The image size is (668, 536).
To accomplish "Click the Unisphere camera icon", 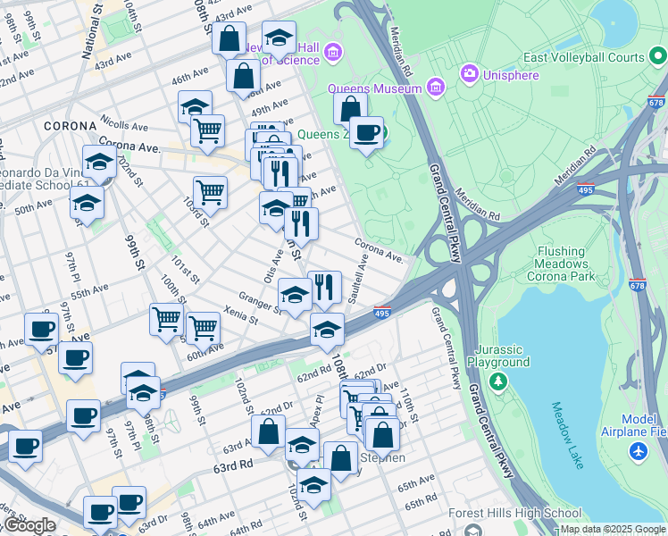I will (468, 72).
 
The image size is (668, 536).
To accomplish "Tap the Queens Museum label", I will (374, 88).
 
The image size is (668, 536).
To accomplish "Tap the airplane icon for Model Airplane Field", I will (637, 451).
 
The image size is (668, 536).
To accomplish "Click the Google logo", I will (29, 525).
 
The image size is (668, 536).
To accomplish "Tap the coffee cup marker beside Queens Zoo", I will (366, 134).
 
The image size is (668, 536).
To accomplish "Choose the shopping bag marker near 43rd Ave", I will (230, 39).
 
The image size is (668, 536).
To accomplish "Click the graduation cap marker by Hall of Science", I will (279, 39).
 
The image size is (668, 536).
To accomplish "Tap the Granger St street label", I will (260, 299).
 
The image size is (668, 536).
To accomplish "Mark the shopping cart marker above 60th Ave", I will (204, 328).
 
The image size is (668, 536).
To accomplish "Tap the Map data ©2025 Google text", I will (613, 529).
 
